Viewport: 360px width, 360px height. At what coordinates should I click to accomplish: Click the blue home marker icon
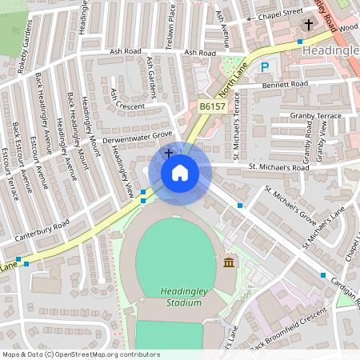click(180, 173)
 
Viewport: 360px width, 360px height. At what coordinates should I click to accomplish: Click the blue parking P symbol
click(264, 68)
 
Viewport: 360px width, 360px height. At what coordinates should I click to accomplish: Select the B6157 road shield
click(212, 105)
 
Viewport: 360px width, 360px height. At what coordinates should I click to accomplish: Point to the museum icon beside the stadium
click(229, 263)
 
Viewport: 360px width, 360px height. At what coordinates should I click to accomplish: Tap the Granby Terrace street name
click(316, 116)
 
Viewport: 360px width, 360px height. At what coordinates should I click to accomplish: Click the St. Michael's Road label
click(278, 167)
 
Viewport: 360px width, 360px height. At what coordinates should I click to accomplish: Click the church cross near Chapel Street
click(309, 25)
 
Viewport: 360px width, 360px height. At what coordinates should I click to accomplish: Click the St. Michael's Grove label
click(290, 206)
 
